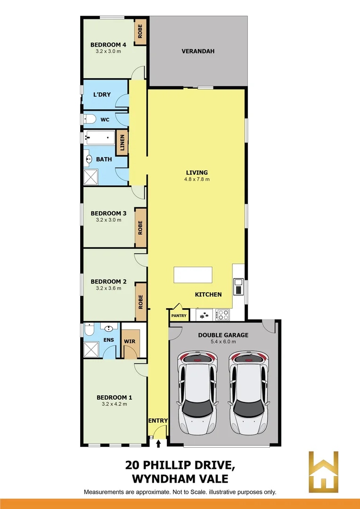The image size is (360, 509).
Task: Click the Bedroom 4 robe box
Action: pos(140,32)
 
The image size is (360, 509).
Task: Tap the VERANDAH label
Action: pos(198,51)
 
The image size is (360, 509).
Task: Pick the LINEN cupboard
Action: pos(123,142)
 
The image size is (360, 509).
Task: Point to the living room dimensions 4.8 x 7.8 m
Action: pos(197,179)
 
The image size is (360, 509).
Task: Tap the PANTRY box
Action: pos(179,315)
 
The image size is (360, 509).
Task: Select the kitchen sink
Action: pos(238,287)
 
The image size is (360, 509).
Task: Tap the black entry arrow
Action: pos(158,443)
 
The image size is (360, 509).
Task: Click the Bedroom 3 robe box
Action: pos(140,228)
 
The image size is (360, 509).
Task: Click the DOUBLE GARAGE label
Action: pos(224,335)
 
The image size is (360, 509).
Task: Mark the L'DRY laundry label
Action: pos(102,95)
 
